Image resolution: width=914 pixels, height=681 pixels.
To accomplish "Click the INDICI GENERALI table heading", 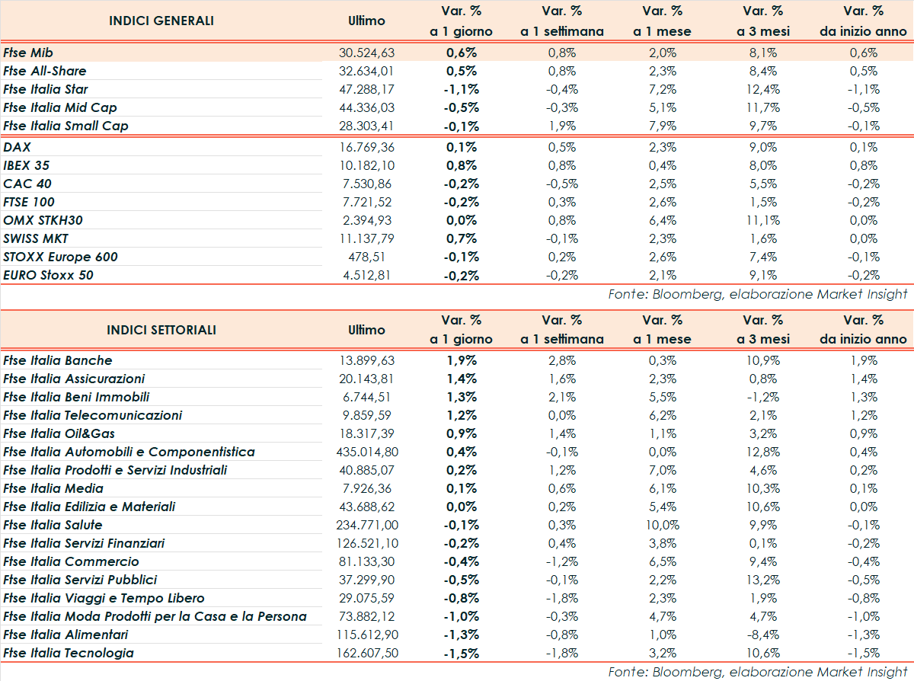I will click(161, 21).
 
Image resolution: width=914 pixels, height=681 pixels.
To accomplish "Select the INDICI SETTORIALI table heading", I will click(161, 330).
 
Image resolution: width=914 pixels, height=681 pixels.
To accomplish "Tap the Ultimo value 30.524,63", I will click(366, 53).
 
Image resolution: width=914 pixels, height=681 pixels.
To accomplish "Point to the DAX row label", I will click(17, 147).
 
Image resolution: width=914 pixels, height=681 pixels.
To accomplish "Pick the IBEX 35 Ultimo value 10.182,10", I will click(366, 165).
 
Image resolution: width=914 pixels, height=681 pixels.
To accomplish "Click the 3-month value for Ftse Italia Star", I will click(764, 89).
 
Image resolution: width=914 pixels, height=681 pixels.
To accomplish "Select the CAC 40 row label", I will click(27, 184).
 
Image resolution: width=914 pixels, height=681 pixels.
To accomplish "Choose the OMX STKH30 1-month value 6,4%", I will click(663, 220).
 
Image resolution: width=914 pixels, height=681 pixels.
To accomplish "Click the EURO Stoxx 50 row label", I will click(49, 275).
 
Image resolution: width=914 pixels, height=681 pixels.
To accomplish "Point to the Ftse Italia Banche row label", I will click(58, 360).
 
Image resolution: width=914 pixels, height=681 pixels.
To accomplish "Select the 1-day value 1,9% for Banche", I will click(462, 360).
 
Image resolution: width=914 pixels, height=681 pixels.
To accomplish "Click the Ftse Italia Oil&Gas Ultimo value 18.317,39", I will click(366, 433).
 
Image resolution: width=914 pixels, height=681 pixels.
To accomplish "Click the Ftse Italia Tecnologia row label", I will click(69, 653).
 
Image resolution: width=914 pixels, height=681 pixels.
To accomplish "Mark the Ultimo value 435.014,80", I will click(366, 452).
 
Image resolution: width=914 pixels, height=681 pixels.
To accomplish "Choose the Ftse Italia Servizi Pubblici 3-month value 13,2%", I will click(764, 580).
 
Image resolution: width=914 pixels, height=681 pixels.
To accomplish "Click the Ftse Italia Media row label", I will click(53, 488).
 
